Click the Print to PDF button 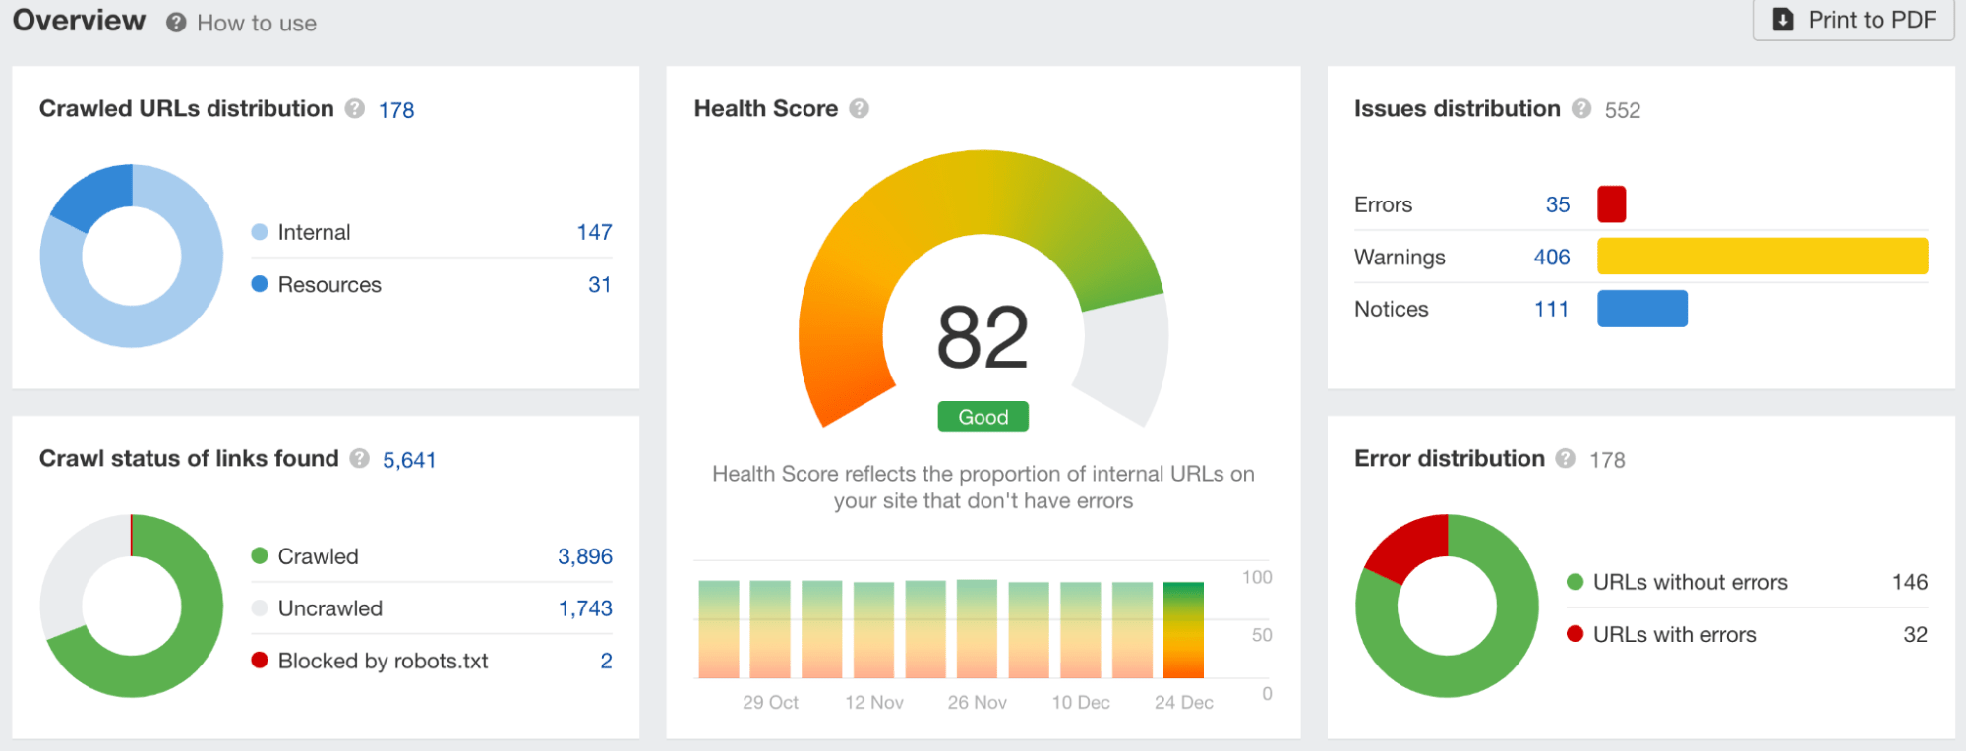(x=1853, y=21)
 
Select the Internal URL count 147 (x=594, y=233)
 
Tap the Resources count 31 (x=599, y=285)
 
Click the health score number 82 (x=983, y=338)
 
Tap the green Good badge (x=983, y=417)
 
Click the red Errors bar (x=1611, y=204)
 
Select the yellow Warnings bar (x=1761, y=257)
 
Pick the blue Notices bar (x=1641, y=309)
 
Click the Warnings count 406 (x=1551, y=258)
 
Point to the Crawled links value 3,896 (x=584, y=557)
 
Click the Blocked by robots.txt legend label (x=383, y=662)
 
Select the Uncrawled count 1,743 (x=585, y=609)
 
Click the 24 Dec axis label (x=1183, y=703)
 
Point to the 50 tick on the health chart (x=1261, y=636)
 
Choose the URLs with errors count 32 (x=1914, y=635)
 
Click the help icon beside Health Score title (x=859, y=109)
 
